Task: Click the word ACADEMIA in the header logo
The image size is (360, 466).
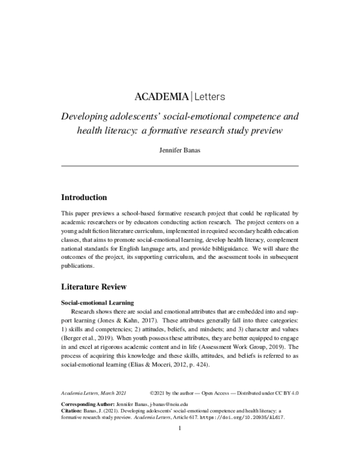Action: tap(160, 96)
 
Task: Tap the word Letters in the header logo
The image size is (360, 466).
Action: tap(209, 96)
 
